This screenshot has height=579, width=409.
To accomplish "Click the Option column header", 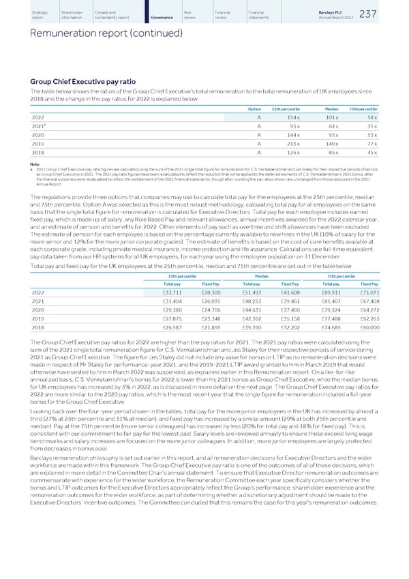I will pos(254,108).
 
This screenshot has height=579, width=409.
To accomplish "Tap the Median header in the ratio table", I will pos(332,108).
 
